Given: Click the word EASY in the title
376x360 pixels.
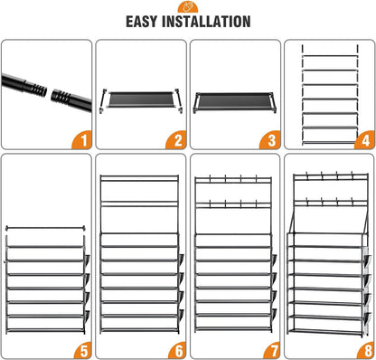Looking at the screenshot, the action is (x=142, y=22).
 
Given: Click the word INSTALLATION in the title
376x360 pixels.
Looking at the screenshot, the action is (x=206, y=22).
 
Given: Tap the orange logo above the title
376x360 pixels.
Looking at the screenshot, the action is (x=188, y=6).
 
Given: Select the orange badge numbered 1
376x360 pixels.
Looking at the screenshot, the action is (x=82, y=140).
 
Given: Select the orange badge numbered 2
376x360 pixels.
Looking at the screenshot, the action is (x=176, y=140).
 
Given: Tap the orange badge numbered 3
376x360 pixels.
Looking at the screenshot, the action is (x=270, y=140).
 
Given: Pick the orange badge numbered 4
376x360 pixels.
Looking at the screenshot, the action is (x=364, y=140).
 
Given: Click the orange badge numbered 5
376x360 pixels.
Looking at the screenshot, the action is (x=82, y=350).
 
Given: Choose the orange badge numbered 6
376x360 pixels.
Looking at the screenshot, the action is (x=176, y=350).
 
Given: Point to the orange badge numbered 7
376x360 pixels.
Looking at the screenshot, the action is (x=270, y=350).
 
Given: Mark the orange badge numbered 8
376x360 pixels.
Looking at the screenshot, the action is (x=364, y=350).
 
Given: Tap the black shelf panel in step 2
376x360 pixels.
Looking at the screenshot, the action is (x=141, y=99).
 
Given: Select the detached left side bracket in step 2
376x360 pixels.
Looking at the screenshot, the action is (x=102, y=101).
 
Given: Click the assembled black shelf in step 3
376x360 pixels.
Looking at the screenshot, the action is (x=233, y=102).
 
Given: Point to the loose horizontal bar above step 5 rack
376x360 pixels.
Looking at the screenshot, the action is (x=45, y=228).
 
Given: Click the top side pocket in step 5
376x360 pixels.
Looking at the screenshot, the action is (x=87, y=261).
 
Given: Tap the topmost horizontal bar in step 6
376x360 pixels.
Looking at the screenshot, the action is (x=139, y=176).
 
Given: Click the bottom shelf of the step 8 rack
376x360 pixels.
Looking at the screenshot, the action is (x=325, y=331).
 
